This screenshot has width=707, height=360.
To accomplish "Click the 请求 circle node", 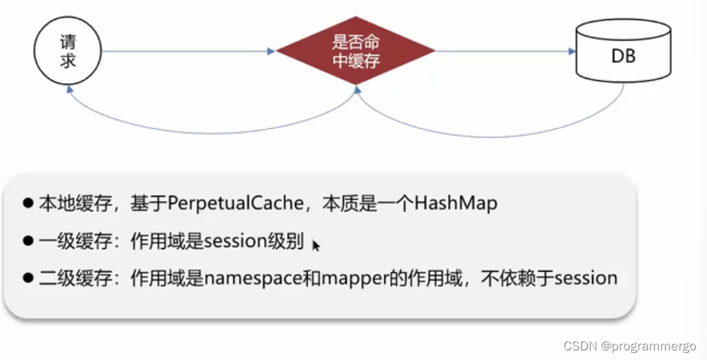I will pos(67,52).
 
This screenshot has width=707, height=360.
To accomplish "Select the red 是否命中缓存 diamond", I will pos(356,52).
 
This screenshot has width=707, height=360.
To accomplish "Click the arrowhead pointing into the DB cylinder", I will pos(571,52).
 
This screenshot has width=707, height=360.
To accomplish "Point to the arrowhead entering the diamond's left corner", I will pos(271,52).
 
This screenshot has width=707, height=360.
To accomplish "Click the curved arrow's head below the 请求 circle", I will pos(70,89).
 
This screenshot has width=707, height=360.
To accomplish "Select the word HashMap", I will pos(456,203).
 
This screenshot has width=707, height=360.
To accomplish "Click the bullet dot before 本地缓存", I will pos(29,204).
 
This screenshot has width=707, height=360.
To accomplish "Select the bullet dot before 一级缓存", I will pos(29,241).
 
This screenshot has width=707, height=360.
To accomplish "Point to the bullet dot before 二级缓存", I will pos(29,278).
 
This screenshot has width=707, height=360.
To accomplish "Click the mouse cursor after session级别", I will pos(316,245).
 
